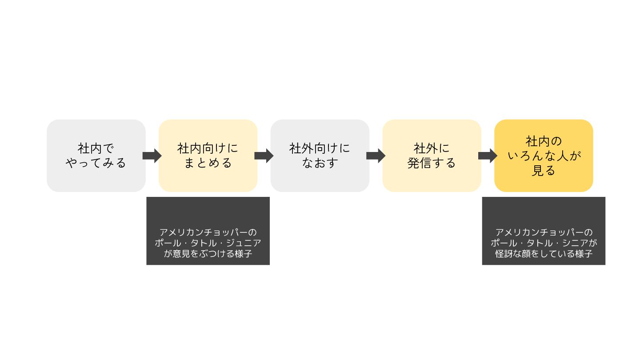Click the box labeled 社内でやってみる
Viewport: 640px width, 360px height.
(x=96, y=156)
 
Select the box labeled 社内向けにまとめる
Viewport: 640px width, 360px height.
(x=208, y=156)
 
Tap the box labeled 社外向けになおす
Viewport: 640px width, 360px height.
(x=320, y=156)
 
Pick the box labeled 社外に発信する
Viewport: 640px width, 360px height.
(x=432, y=156)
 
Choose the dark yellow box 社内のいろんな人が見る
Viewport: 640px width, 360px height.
(x=544, y=156)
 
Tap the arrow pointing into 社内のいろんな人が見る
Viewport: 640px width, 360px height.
(x=488, y=156)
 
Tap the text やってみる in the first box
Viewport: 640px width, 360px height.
(x=96, y=163)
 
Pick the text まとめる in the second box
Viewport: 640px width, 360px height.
(x=208, y=163)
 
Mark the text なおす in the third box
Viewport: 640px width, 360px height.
(x=320, y=163)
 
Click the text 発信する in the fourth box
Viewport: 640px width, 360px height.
(x=432, y=163)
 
